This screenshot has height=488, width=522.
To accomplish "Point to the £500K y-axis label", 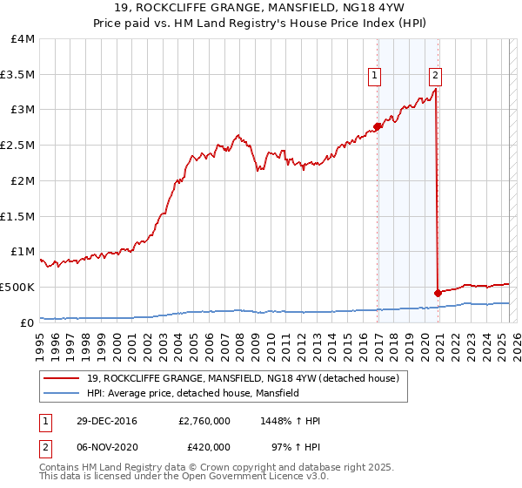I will click(17, 287).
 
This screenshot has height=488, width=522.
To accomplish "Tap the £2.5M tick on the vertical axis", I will click(17, 146).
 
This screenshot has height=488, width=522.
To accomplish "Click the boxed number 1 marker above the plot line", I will click(375, 76).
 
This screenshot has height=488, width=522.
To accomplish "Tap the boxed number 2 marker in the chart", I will click(435, 76).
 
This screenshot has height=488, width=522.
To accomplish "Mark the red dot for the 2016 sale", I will click(378, 126).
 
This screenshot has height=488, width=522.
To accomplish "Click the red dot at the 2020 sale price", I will click(437, 293).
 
